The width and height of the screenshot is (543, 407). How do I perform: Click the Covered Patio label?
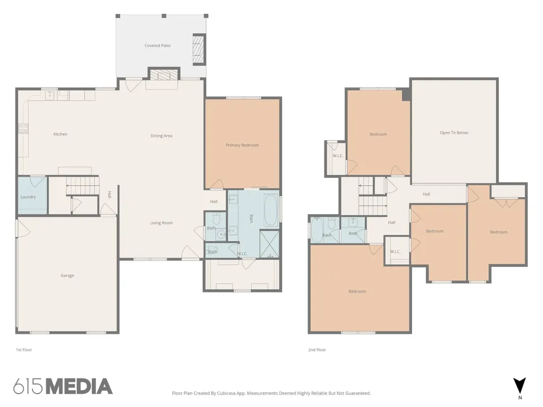157,46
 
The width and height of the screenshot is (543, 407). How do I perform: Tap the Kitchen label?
60,134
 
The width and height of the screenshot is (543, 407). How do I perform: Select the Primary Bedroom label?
242,145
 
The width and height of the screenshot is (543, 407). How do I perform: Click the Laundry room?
32,196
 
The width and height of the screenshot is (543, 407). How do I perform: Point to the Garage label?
67,276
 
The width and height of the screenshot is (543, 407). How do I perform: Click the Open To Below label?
454,132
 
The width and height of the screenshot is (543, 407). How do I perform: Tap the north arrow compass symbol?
520,386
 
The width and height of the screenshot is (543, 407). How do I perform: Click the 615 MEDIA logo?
63,386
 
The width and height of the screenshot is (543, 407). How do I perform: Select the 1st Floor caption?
24,350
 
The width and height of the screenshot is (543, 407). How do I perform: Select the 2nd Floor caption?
317,350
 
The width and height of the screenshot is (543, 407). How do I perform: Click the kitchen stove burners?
23,128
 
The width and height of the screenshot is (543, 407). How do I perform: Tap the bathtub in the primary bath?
271,211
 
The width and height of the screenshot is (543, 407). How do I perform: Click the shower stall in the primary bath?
269,244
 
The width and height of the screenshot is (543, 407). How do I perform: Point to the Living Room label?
161,223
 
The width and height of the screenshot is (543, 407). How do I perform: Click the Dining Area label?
161,136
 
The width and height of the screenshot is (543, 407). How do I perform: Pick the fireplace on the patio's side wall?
199,49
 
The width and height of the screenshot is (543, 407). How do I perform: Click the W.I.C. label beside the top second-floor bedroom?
338,156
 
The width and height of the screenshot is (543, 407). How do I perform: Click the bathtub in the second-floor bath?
317,230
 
